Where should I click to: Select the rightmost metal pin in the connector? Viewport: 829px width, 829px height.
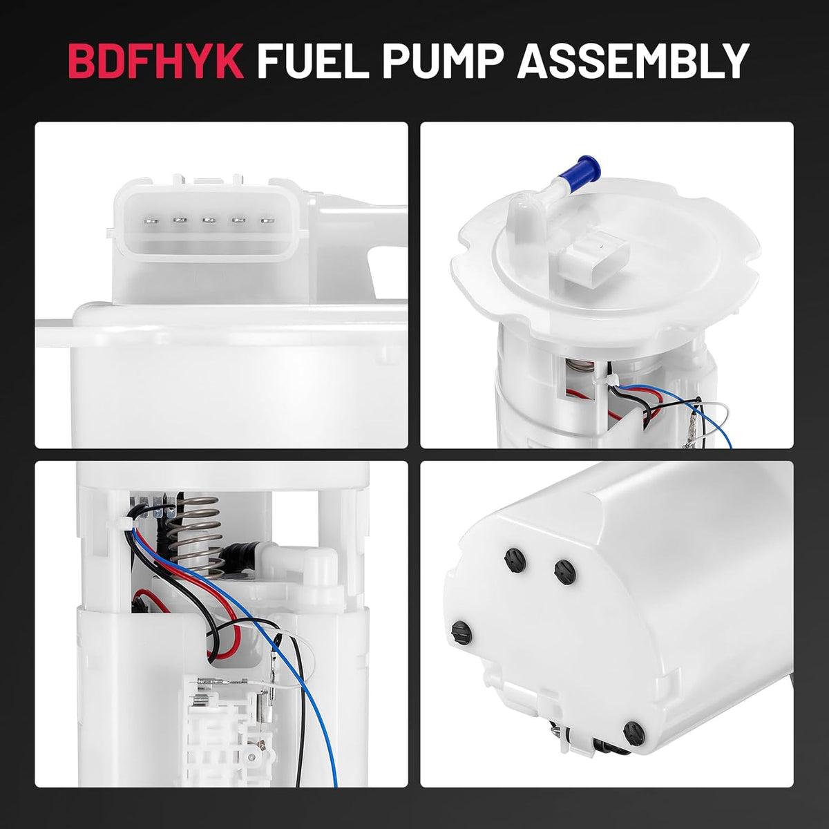[x=267, y=220]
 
